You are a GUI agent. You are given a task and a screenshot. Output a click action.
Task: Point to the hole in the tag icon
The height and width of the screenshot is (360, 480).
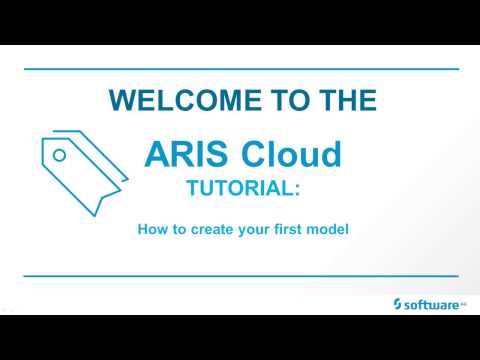59,155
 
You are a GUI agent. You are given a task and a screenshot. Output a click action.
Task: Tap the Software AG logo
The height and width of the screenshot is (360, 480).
429,302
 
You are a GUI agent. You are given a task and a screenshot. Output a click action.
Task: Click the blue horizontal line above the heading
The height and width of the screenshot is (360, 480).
240,69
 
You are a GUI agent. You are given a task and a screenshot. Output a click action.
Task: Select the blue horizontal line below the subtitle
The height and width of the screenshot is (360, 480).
240,275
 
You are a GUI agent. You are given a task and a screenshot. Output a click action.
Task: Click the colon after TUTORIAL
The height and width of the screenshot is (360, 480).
297,190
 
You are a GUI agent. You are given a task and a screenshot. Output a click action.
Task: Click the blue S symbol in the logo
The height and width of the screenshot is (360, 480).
398,302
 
